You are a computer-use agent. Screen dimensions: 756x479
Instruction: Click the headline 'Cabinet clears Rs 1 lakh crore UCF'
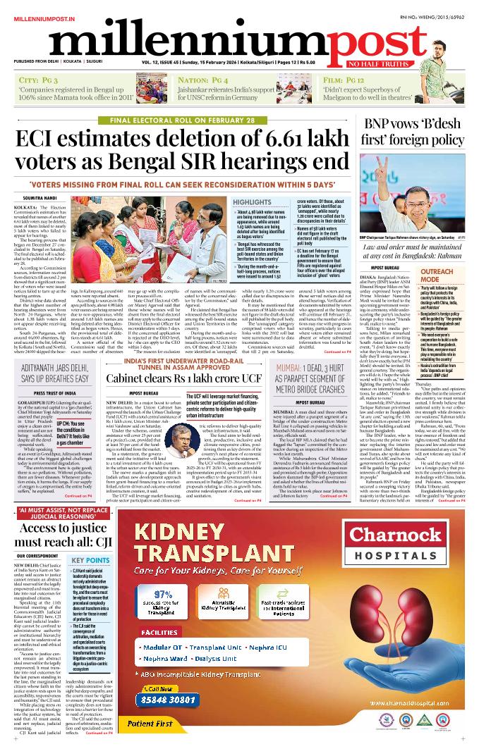click(x=183, y=378)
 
